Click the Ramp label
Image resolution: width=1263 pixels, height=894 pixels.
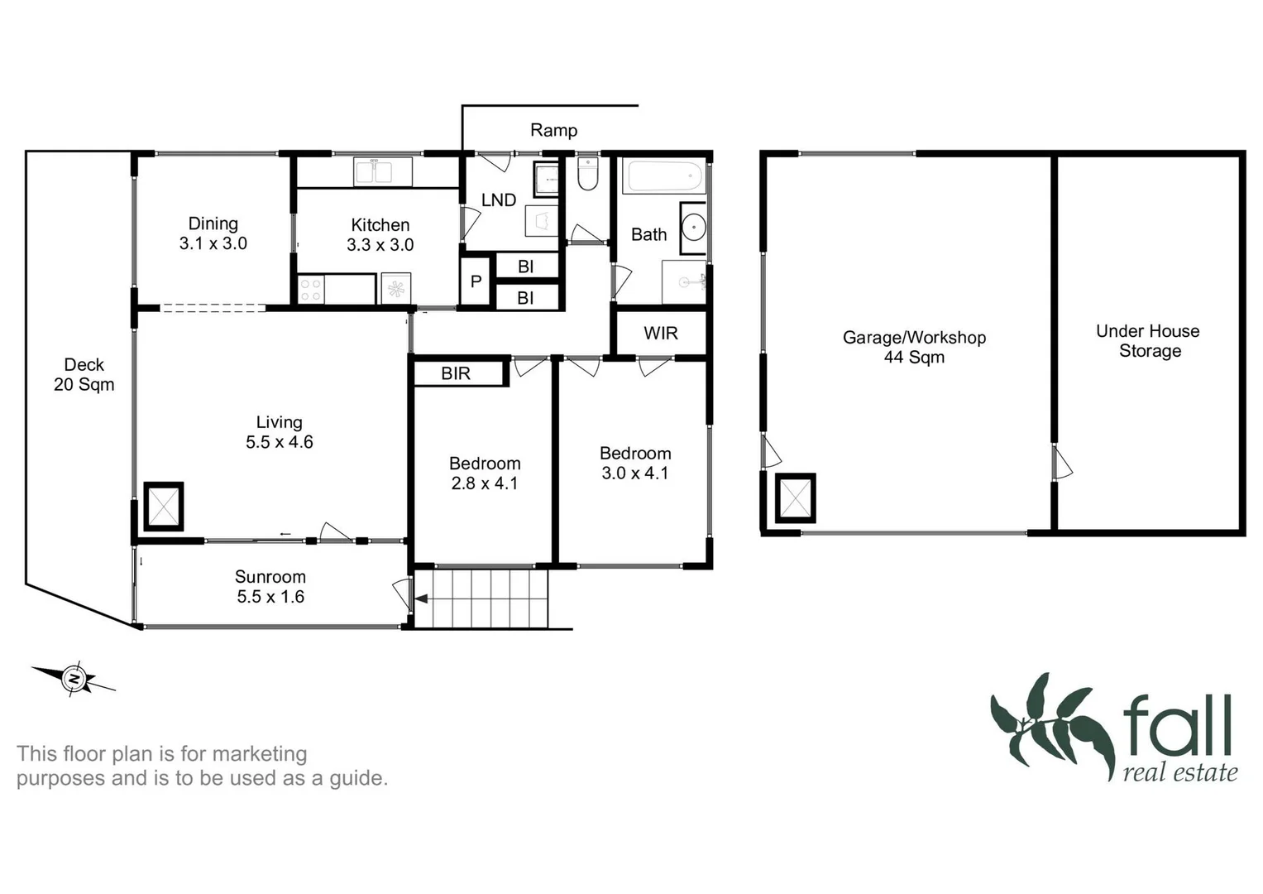(553, 130)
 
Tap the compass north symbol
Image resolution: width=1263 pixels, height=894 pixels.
(74, 680)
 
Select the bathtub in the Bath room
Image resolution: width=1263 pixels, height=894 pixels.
(665, 176)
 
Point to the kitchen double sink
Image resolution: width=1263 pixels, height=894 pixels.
(373, 172)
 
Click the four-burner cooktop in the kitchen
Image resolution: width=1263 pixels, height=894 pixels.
(310, 290)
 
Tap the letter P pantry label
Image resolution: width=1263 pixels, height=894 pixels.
(476, 281)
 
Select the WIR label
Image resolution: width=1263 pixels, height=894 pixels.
(660, 333)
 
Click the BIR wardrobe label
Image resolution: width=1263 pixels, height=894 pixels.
(456, 373)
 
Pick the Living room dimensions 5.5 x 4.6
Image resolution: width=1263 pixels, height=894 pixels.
(279, 442)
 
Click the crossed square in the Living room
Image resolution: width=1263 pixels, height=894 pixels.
(164, 506)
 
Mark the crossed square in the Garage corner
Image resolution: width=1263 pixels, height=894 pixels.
(795, 498)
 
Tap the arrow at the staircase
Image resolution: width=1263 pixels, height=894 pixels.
(421, 599)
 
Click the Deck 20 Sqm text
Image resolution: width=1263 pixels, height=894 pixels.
(84, 374)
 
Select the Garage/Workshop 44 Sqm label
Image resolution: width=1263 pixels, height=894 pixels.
(914, 347)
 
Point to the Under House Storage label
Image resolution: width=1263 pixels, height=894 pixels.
(1148, 340)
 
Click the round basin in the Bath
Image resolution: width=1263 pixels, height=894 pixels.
(693, 226)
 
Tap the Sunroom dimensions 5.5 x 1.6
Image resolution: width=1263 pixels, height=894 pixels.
(270, 597)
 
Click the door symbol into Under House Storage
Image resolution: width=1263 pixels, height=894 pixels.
(1062, 464)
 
